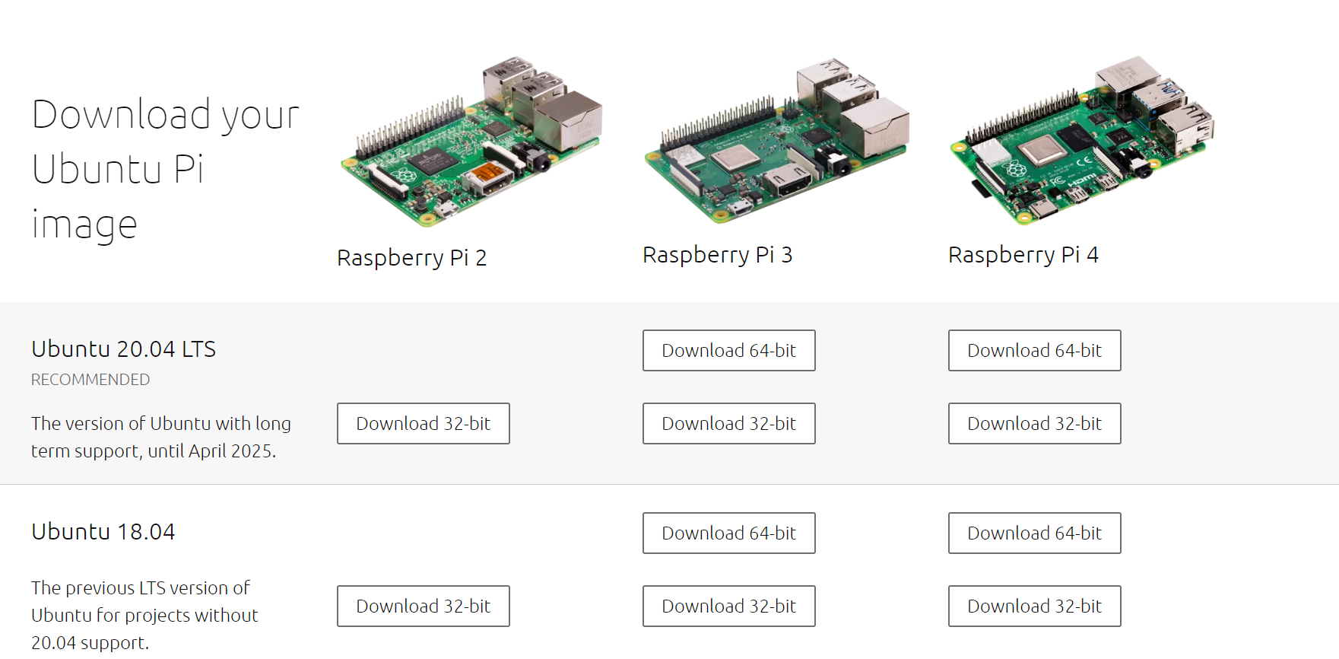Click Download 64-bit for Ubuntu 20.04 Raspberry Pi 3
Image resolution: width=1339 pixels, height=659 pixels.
pyautogui.click(x=728, y=350)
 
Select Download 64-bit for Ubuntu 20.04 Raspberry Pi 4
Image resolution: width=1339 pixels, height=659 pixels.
pyautogui.click(x=1034, y=350)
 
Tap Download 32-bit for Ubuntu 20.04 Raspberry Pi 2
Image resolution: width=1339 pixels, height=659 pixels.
pyautogui.click(x=423, y=423)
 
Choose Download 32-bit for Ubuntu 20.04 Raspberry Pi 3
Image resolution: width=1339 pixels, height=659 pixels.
pyautogui.click(x=728, y=423)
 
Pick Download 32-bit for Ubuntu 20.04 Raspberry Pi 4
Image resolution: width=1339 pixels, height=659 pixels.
pyautogui.click(x=1034, y=423)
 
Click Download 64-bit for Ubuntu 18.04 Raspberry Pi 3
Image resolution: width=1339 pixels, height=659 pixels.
pyautogui.click(x=728, y=533)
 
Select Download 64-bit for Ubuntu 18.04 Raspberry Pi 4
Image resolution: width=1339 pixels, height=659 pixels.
pyautogui.click(x=1034, y=533)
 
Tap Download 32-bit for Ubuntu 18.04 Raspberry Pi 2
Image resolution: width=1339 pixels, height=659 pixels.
pyautogui.click(x=423, y=606)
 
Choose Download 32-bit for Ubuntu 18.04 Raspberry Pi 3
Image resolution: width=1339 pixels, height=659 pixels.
pyautogui.click(x=728, y=606)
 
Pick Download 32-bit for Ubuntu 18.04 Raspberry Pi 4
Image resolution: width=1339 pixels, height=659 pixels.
pyautogui.click(x=1034, y=606)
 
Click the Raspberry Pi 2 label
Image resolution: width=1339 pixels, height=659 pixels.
pyautogui.click(x=411, y=258)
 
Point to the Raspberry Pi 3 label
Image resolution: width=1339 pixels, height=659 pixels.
pyautogui.click(x=717, y=255)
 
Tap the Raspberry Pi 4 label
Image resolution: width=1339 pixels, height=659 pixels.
pyautogui.click(x=1023, y=255)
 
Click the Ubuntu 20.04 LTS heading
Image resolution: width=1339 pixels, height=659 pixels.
pyautogui.click(x=123, y=349)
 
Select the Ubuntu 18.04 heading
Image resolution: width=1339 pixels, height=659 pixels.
pyautogui.click(x=103, y=532)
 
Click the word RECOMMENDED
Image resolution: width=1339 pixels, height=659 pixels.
pyautogui.click(x=90, y=380)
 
